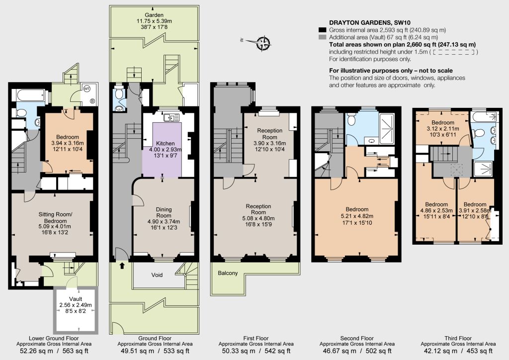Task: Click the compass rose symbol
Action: [263, 43]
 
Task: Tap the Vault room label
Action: [76, 299]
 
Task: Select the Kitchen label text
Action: [165, 144]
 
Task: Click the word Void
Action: [157, 275]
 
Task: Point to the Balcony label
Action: [228, 273]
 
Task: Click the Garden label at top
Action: [154, 15]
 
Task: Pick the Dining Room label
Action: [164, 212]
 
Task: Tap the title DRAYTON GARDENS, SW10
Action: [370, 23]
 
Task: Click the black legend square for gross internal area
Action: [322, 30]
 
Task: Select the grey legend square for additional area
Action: [322, 37]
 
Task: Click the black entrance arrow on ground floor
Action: [122, 266]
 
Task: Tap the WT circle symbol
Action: [87, 89]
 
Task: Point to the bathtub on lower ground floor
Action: [30, 95]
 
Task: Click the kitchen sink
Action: [171, 117]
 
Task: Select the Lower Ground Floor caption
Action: [54, 338]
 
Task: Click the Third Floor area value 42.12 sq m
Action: [438, 351]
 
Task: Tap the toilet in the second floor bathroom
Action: [352, 120]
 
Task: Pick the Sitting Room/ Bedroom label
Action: [55, 217]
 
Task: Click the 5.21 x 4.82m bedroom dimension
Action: [357, 216]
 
